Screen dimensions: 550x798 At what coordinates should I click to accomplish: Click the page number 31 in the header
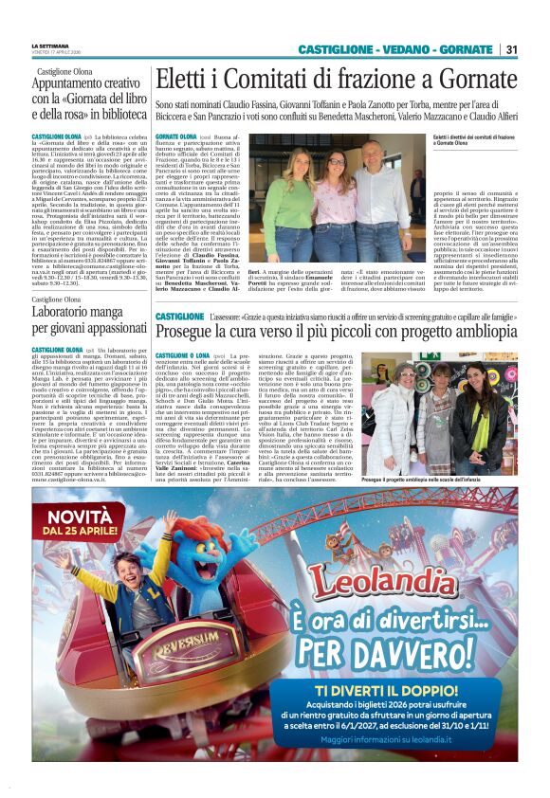(511, 49)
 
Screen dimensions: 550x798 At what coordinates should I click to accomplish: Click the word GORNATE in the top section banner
(462, 49)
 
